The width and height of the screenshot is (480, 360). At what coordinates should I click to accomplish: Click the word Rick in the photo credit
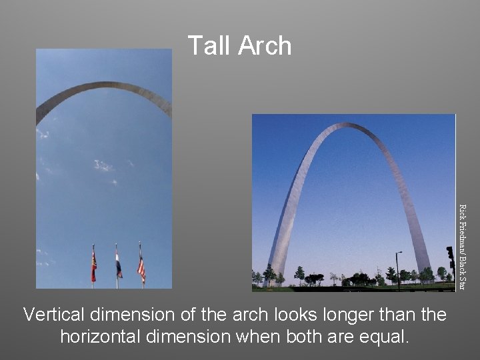[465, 213]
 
